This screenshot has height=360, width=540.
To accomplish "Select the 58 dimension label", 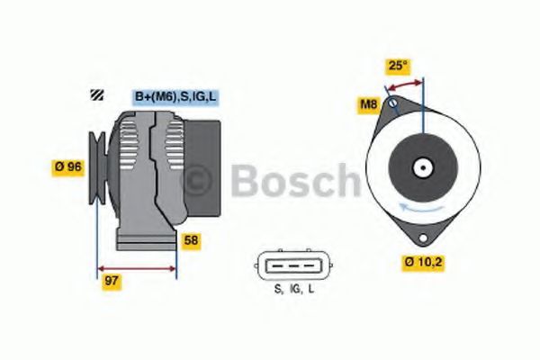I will [x=192, y=240].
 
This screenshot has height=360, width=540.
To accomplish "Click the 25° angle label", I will [x=397, y=66].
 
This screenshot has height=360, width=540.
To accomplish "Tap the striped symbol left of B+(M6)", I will [x=96, y=96].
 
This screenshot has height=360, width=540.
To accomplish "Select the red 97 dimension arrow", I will [x=137, y=267].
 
